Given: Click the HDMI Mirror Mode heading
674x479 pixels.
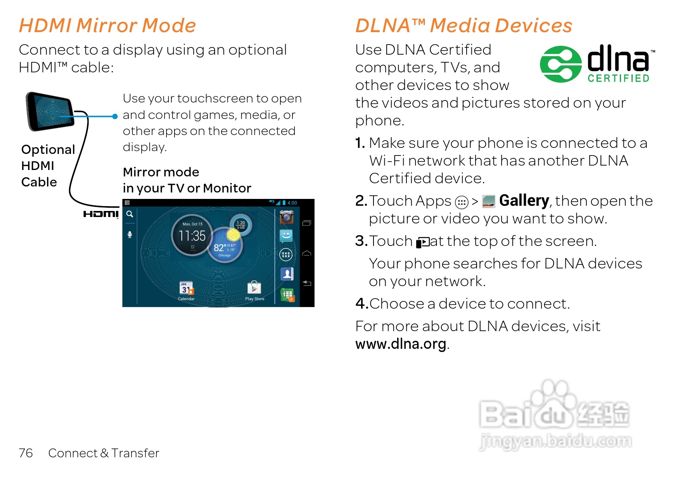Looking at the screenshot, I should pos(107,25).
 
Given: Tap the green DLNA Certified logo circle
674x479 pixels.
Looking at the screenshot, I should pos(560,64).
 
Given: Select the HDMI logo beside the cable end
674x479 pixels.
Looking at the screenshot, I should pos(101,214).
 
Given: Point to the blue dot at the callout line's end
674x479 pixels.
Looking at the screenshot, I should pos(115,117).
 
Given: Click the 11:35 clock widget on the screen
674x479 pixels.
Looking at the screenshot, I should pos(192,235).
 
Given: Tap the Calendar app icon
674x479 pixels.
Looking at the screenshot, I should pos(186,289).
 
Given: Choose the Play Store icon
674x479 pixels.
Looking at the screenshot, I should pos(254,288).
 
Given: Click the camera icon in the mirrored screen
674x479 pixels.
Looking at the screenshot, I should pos(286,217).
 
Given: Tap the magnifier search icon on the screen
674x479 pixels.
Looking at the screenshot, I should pos(130,214).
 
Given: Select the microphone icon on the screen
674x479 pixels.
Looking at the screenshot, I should pos(130,235).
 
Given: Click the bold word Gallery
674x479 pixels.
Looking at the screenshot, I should pos(524,201).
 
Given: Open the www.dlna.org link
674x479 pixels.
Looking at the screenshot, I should pos(400,344).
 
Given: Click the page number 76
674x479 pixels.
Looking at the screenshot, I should pos(26,453).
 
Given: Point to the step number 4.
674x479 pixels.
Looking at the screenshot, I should pos(361,303).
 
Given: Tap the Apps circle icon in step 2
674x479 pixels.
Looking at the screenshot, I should pos(462,202).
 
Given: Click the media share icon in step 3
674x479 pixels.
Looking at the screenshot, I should pos(422,242).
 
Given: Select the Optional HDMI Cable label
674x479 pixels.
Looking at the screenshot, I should pos(48,166).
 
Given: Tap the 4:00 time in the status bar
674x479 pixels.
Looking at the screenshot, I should pos(292,203).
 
